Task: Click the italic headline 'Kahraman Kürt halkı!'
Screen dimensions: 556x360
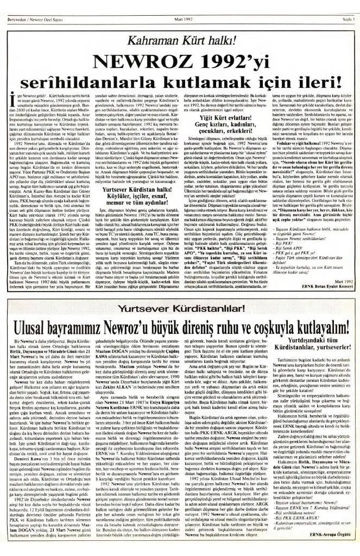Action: click(x=181, y=39)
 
